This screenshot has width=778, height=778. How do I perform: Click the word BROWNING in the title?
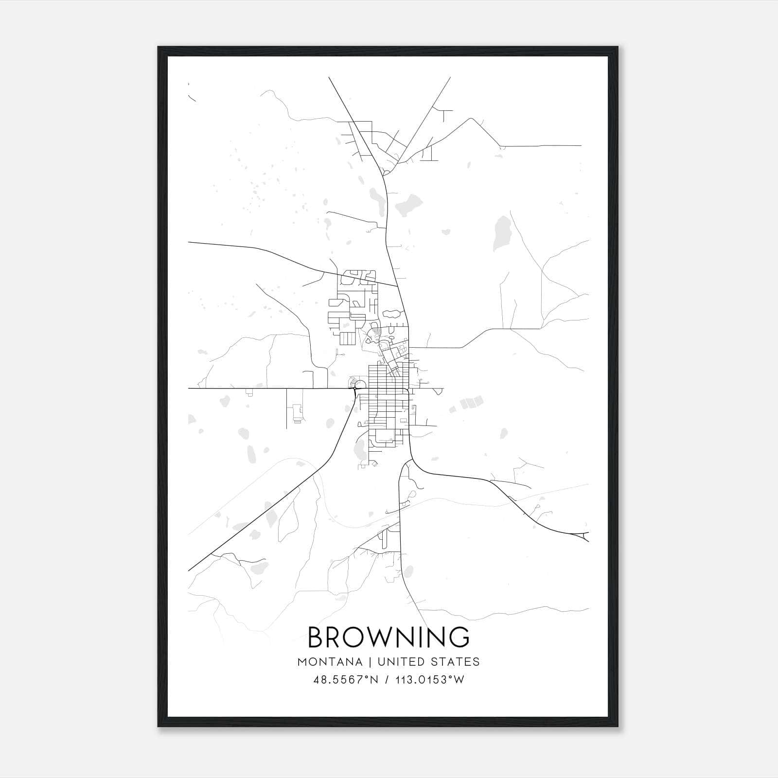pyautogui.click(x=389, y=637)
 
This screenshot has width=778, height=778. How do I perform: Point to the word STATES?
pyautogui.click(x=457, y=662)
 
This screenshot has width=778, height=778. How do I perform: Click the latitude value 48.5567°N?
pyautogui.click(x=346, y=680)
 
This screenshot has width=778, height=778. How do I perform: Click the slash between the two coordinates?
pyautogui.click(x=387, y=680)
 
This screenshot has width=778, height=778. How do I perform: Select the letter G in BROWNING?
pyautogui.click(x=459, y=637)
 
